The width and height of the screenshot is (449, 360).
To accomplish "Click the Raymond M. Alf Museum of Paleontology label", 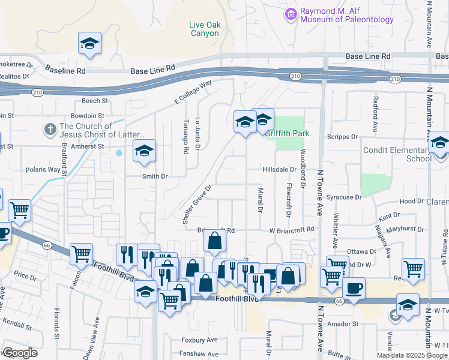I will (346, 15).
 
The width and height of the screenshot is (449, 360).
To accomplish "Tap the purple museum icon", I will (291, 13).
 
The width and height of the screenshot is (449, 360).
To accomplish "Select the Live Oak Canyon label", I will (204, 29).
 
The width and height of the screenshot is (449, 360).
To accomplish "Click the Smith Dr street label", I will (154, 176).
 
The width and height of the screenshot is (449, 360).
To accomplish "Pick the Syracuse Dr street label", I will (345, 197).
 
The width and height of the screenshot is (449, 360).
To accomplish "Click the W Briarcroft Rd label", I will (292, 229).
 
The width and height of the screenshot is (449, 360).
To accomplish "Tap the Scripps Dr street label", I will (342, 137).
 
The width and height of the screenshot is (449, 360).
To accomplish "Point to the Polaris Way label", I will (43, 170).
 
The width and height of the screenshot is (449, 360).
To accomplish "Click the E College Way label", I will (193, 93).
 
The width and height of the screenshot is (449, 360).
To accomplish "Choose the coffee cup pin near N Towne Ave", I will (354, 289).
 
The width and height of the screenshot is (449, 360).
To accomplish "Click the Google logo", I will (20, 353).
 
